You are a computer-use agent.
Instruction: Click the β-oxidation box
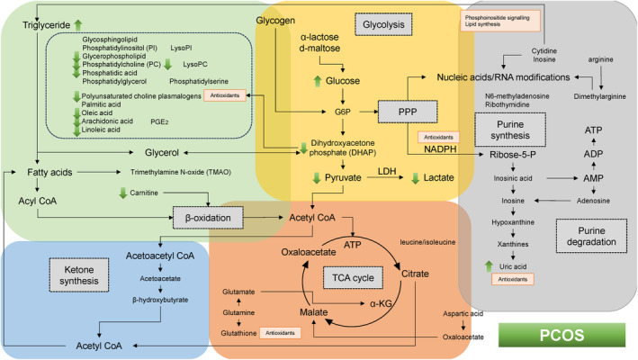209,217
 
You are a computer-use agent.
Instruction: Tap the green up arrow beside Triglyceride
78,24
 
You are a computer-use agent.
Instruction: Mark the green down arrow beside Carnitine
123,193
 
